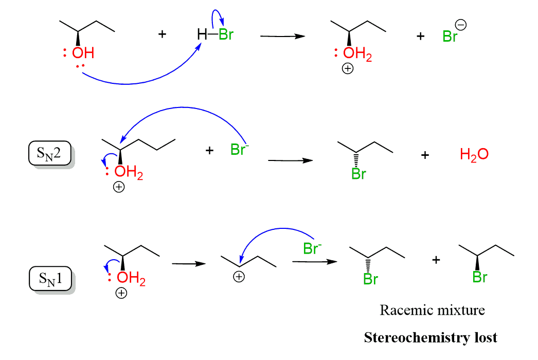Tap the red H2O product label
pos(474,154)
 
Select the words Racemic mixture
pos(433,310)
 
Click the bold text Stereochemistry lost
pos(431,338)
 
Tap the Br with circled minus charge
pos(451,37)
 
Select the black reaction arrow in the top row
pos(282,36)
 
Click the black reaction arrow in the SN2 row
pos(291,160)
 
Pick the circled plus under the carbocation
pos(239,277)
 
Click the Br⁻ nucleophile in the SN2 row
pos(239,151)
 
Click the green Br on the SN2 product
pos(358,174)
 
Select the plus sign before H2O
pos(425,154)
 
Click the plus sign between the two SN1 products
pos(436,260)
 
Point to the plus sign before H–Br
pos(163,35)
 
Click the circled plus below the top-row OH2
pos(348,69)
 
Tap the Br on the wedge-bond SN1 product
pos(480,277)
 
